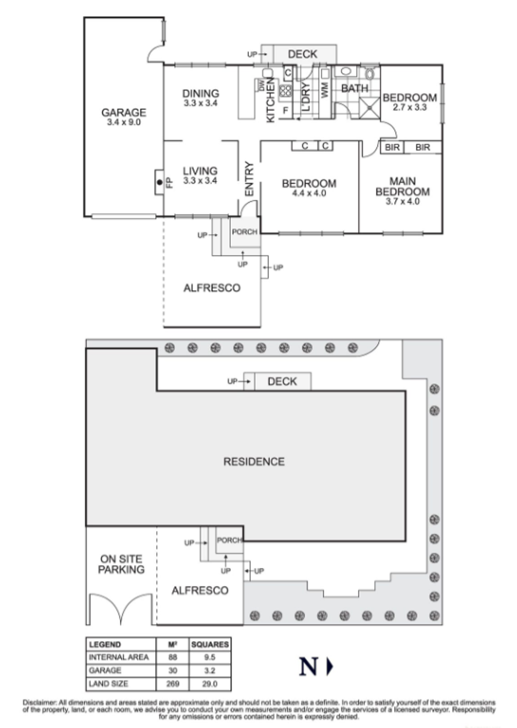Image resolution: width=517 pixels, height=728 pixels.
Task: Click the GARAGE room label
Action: coord(124,112)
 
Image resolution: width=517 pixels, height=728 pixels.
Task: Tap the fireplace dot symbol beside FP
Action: coord(159,183)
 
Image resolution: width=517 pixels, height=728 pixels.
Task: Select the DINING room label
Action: coord(201,93)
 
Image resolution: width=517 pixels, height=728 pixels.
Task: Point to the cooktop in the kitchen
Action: coord(286,91)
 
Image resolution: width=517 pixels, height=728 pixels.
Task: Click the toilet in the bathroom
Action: coord(370,74)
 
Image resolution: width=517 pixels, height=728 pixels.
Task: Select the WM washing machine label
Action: coord(325,90)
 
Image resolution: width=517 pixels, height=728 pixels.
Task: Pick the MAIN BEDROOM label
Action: coord(402,186)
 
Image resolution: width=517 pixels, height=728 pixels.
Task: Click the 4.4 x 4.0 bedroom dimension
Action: coord(309,193)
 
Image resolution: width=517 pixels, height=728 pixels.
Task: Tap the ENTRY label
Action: coord(249,179)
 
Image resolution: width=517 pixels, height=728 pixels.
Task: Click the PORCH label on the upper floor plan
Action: coord(245,232)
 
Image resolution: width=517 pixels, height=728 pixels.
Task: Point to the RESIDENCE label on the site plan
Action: coord(254,462)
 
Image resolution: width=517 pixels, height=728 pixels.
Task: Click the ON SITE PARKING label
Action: coord(121,564)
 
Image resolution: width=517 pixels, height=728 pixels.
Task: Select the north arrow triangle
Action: coord(330,666)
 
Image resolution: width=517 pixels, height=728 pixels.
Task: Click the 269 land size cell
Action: coord(172,684)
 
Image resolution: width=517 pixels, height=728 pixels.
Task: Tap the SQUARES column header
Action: coord(210,644)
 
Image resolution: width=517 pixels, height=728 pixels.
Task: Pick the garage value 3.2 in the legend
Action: coord(210,670)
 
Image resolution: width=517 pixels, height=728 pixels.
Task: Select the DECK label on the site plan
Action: coord(282,381)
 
